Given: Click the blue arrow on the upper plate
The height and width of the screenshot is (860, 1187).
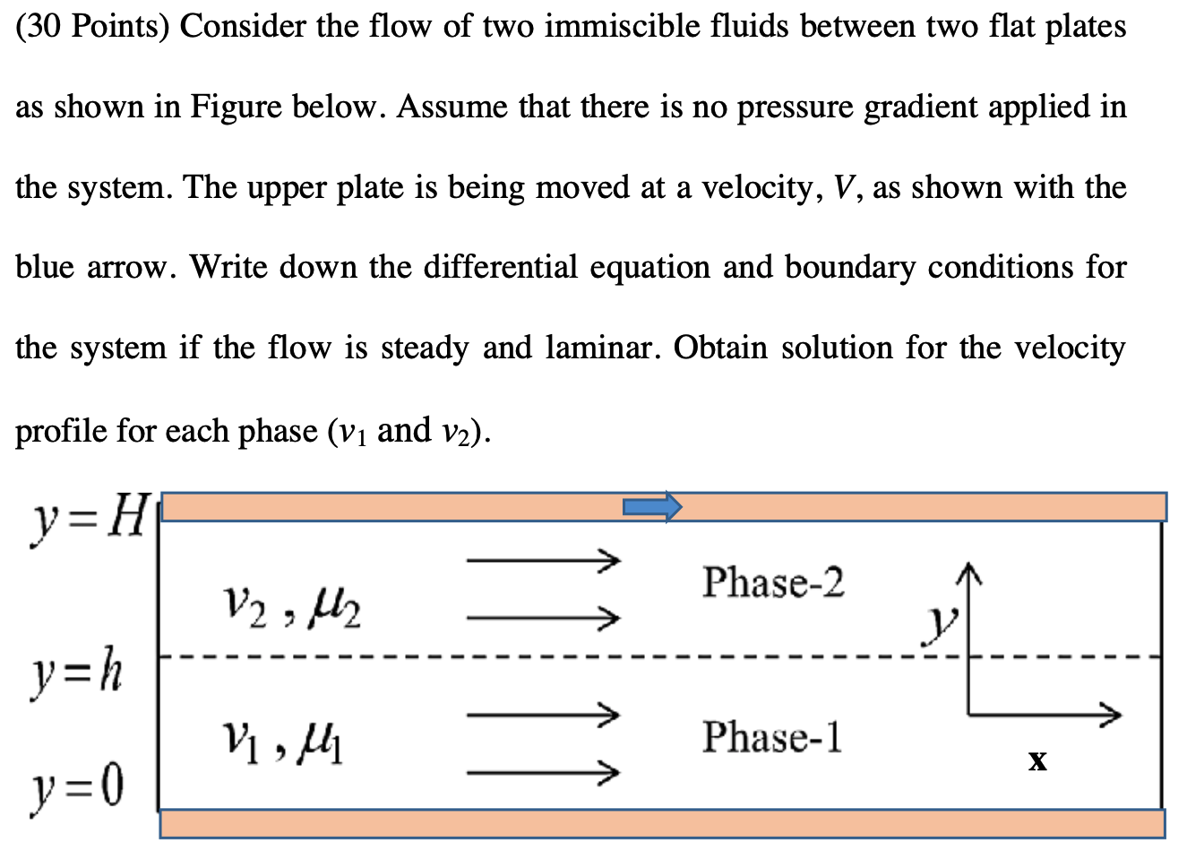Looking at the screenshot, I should (x=652, y=507).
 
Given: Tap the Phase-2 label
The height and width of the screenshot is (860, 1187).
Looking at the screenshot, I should (x=772, y=582).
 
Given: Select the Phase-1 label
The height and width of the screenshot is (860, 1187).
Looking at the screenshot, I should (x=771, y=737).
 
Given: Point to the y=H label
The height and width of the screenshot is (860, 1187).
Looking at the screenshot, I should (x=88, y=518).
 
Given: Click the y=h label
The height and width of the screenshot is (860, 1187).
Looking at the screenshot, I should (x=77, y=673).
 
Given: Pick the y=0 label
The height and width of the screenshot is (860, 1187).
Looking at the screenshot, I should (x=77, y=787).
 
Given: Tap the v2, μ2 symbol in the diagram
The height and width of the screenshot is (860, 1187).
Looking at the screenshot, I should (x=291, y=609).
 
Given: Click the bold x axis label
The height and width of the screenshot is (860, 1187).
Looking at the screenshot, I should (x=1037, y=761).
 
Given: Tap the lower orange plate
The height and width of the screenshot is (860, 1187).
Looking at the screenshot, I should (x=663, y=823).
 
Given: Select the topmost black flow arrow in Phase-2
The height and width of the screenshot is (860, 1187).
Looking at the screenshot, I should (x=543, y=561).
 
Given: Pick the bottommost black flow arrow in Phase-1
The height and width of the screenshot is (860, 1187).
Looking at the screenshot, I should (x=543, y=771).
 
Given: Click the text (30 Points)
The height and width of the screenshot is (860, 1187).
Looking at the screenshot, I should (x=92, y=27).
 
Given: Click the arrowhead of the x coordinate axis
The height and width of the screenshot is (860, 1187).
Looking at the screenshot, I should (x=1111, y=714).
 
